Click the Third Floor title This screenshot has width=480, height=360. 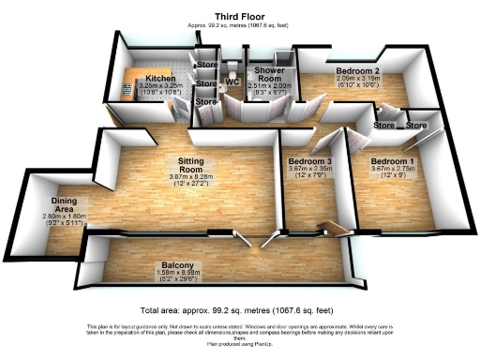click(x=240, y=16)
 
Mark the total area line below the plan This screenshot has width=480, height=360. click(x=240, y=309)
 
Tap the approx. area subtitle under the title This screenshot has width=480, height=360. click(x=240, y=25)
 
